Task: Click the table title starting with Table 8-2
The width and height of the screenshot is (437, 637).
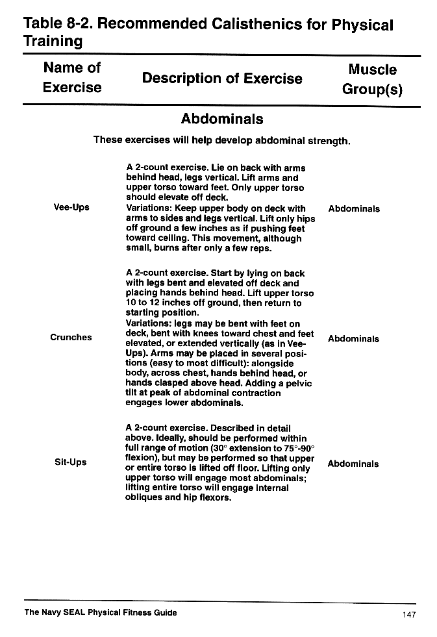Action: (x=208, y=32)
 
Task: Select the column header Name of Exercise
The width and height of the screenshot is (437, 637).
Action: (x=72, y=77)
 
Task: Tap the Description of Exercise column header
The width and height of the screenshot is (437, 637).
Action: (x=222, y=79)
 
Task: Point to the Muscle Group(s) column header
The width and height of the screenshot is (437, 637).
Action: (x=372, y=79)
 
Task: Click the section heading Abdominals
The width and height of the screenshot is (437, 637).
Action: (x=222, y=119)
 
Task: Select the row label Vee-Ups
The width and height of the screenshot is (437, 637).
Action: (x=71, y=208)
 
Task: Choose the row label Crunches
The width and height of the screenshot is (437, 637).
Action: (x=71, y=337)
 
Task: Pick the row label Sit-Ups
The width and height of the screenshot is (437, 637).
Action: (x=71, y=462)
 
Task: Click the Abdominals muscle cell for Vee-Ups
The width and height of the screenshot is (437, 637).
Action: (x=354, y=209)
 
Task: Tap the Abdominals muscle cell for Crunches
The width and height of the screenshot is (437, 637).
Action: (x=354, y=339)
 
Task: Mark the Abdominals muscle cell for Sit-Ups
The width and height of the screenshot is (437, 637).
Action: (x=353, y=464)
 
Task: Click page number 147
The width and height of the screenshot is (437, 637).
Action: (x=408, y=614)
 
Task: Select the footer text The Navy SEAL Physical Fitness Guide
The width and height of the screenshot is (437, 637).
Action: (x=100, y=612)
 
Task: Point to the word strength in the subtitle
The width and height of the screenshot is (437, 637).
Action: (x=329, y=140)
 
